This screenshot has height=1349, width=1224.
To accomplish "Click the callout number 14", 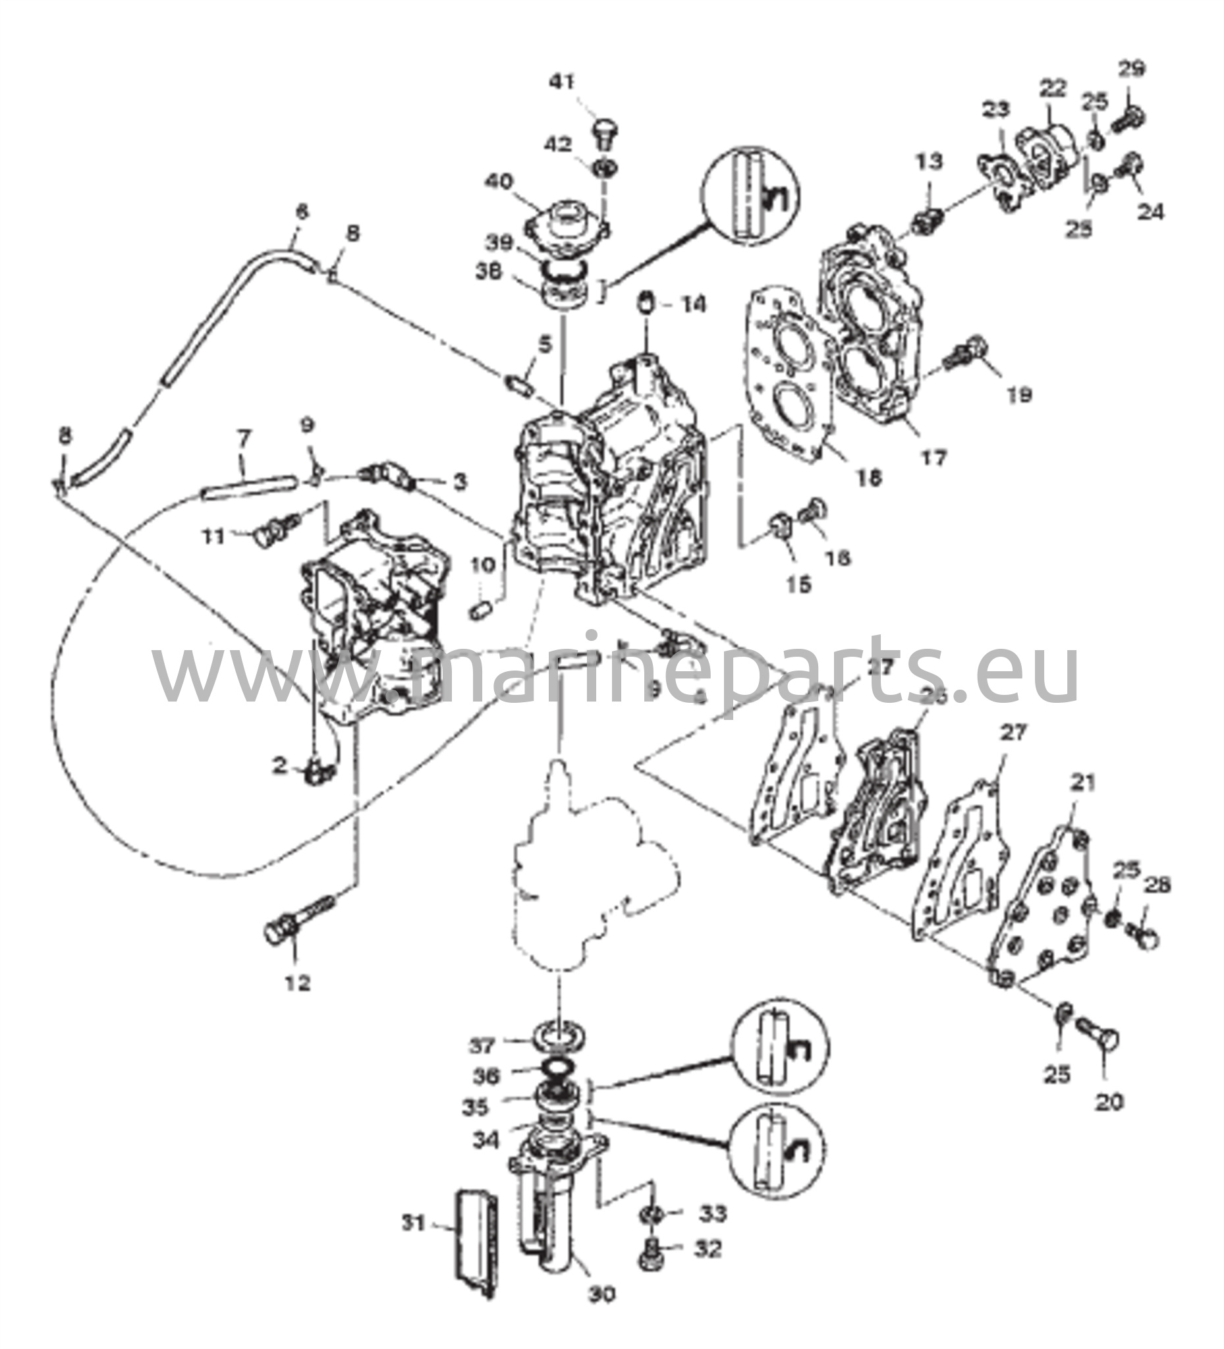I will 693,305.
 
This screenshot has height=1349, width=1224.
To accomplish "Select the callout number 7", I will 243,439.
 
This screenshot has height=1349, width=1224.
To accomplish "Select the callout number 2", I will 279,766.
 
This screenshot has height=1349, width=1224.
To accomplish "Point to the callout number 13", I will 928,161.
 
